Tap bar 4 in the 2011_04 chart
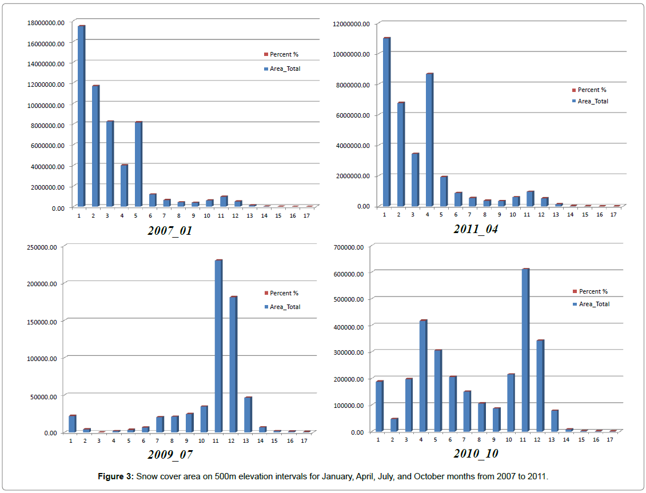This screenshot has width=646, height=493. tap(429, 140)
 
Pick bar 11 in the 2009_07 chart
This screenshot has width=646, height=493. tap(218, 346)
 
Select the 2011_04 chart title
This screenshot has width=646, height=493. tap(476, 229)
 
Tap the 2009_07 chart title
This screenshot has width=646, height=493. tap(170, 455)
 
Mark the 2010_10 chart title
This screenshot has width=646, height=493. tap(476, 454)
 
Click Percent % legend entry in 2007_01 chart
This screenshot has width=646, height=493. tap(284, 55)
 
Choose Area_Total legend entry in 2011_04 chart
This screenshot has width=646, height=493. tap(592, 101)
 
